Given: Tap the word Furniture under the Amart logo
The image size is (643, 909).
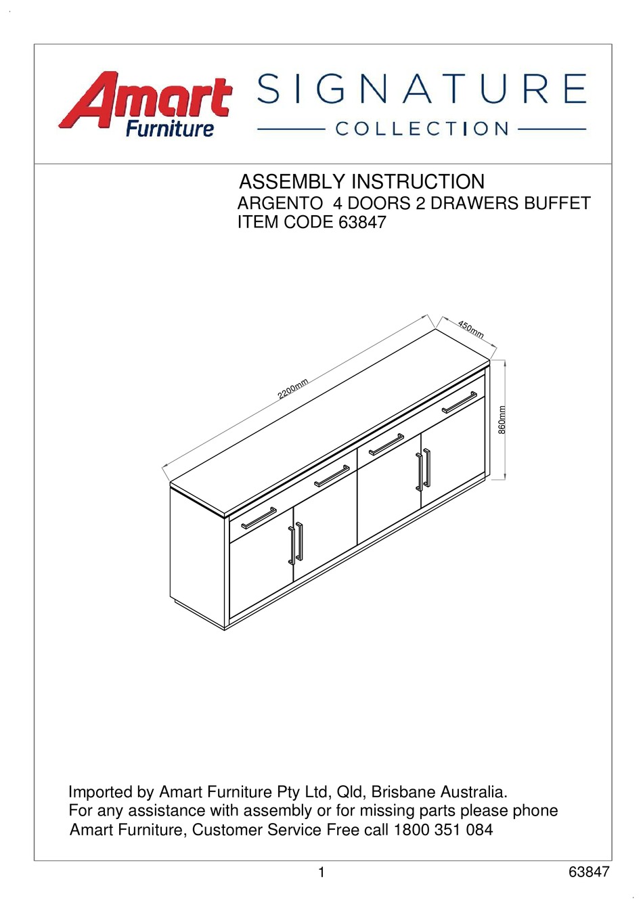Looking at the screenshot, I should (x=169, y=129).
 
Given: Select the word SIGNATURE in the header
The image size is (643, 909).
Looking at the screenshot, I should (x=422, y=89).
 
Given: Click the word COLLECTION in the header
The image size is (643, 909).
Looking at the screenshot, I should (x=422, y=129).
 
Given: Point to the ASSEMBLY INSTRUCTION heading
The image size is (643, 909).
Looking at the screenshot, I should (x=362, y=182).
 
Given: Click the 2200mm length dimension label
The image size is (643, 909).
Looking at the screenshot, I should (x=293, y=389).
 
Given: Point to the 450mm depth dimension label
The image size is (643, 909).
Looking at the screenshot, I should (x=471, y=329).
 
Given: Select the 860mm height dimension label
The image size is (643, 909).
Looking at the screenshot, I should (x=502, y=420).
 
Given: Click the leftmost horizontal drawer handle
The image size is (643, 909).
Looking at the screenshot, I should (x=259, y=518).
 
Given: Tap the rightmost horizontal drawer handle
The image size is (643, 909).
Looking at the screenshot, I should (x=460, y=402).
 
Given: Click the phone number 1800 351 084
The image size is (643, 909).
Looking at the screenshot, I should (x=443, y=830).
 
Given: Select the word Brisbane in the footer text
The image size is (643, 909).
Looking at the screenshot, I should (x=403, y=792).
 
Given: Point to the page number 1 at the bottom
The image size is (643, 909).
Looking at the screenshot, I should (x=321, y=872).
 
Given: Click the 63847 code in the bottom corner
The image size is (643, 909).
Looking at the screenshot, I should (x=589, y=872).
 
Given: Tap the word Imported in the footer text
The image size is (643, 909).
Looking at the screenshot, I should (x=100, y=792).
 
